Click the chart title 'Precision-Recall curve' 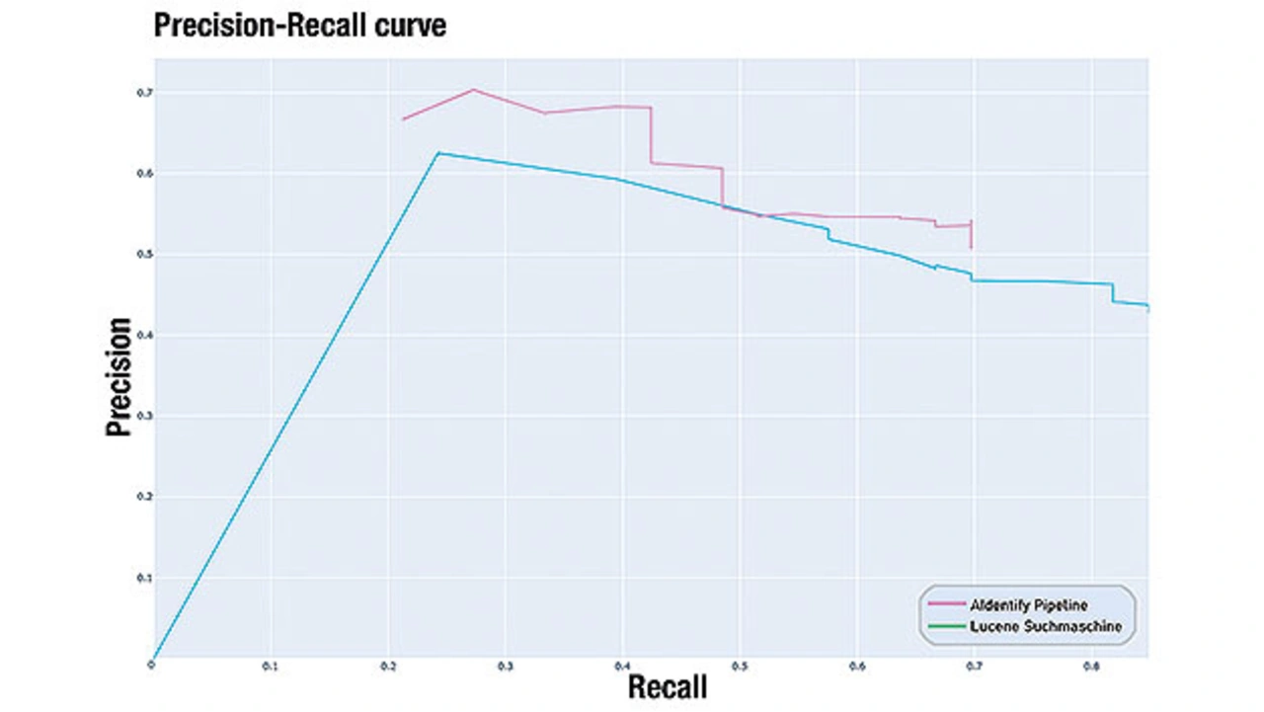click(300, 26)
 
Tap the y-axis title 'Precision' click(119, 376)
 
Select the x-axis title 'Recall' click(668, 687)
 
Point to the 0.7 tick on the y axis click(144, 93)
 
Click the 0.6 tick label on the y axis click(144, 174)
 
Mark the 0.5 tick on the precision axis click(144, 255)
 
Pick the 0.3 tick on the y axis click(144, 417)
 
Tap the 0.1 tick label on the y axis click(144, 578)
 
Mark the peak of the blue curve click(438, 153)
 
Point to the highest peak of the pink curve click(473, 90)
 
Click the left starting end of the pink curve click(403, 119)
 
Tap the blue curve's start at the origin click(153, 659)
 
